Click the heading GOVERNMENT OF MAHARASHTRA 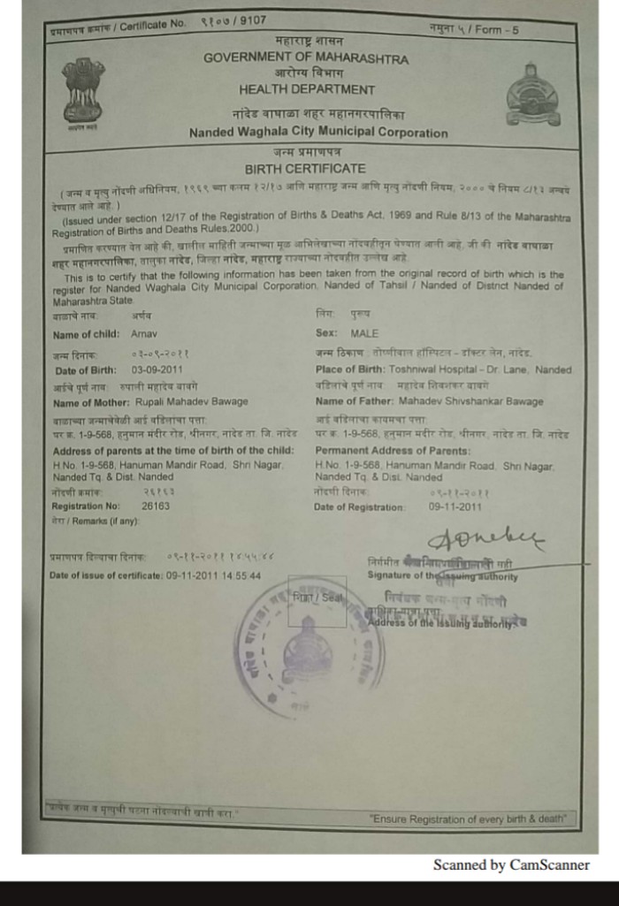[306, 59]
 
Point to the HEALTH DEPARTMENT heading [306, 89]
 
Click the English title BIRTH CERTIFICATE [305, 169]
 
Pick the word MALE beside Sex [364, 334]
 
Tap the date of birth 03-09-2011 [157, 370]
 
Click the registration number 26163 [156, 506]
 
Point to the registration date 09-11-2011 [455, 506]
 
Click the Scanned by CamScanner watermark [510, 865]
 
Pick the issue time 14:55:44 [240, 575]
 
